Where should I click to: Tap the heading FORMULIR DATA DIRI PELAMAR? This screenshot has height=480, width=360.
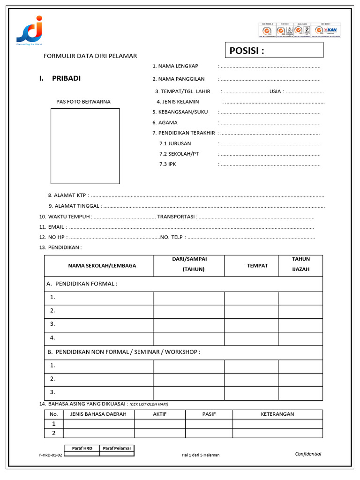click(90, 56)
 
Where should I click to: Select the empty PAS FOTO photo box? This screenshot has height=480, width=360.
click(85, 146)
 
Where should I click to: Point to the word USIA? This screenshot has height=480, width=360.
click(275, 91)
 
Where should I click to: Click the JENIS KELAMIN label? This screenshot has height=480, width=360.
click(180, 102)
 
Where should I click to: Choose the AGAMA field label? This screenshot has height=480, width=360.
click(167, 122)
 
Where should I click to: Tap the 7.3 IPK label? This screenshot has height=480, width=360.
click(167, 164)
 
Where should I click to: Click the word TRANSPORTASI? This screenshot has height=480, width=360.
click(176, 217)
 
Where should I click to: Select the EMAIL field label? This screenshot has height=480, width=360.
click(56, 227)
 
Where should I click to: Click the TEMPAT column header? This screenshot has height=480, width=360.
click(257, 266)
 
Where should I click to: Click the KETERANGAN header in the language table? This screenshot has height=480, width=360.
click(277, 414)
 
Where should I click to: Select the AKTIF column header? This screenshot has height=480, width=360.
click(160, 414)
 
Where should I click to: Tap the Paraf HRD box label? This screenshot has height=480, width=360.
click(82, 449)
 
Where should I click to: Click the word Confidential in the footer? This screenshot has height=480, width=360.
click(308, 454)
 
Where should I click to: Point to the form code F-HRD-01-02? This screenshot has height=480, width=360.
click(51, 455)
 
